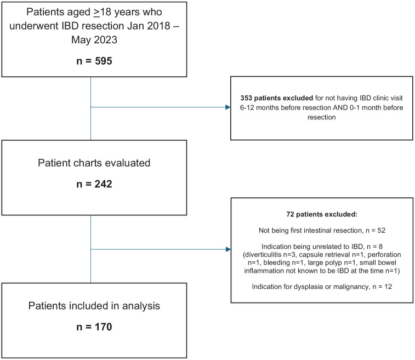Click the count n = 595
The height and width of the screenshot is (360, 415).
pyautogui.click(x=90, y=60)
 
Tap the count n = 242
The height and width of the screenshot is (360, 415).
pyautogui.click(x=90, y=184)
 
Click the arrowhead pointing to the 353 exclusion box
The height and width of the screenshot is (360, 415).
pyautogui.click(x=228, y=107)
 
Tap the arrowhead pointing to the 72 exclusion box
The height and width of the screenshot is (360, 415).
pyautogui.click(x=228, y=250)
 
